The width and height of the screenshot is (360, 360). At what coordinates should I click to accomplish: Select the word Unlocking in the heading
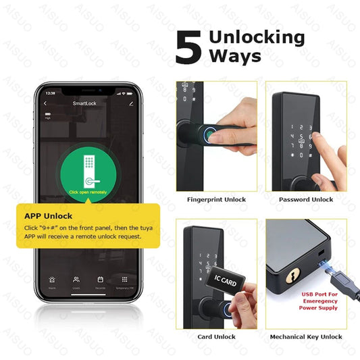[x=257, y=38]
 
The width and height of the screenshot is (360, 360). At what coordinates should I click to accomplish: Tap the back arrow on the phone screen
[x=45, y=104]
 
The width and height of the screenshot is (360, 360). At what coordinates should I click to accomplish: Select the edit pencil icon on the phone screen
[x=131, y=104]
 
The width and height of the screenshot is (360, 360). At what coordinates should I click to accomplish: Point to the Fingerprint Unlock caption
[x=216, y=199]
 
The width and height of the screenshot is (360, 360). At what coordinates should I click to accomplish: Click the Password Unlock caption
[x=306, y=199]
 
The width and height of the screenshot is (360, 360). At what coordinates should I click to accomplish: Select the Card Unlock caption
[x=216, y=336]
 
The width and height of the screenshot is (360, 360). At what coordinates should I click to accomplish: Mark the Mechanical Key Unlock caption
[x=306, y=336]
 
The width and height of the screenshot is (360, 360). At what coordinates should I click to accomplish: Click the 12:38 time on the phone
[x=50, y=93]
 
